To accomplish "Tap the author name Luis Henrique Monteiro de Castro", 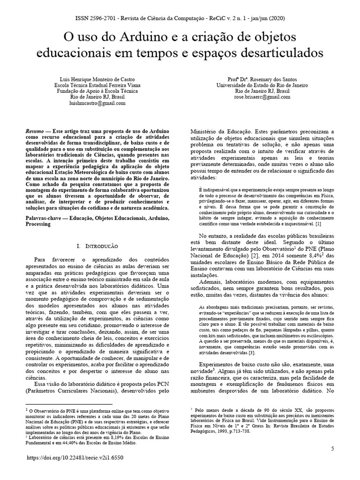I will [x=99, y=80].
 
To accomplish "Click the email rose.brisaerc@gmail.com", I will [x=262, y=97].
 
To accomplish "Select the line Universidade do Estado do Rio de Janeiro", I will [x=262, y=85].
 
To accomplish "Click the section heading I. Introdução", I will [x=97, y=246].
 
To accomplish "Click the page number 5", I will [x=332, y=449].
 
